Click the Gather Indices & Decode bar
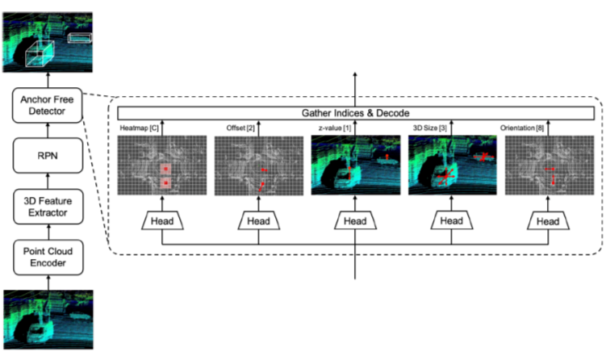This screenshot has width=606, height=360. (356, 113)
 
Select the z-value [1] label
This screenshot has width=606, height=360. (332, 128)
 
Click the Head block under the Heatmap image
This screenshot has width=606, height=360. (162, 220)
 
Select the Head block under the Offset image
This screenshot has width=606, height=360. (259, 220)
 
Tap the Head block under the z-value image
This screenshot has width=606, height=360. (356, 220)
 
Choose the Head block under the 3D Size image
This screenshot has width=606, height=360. (453, 220)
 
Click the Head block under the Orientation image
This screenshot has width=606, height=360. (550, 220)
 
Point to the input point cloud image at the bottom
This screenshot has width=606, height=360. (48, 320)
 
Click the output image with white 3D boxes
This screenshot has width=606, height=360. (48, 42)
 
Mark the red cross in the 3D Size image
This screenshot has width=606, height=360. (445, 177)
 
